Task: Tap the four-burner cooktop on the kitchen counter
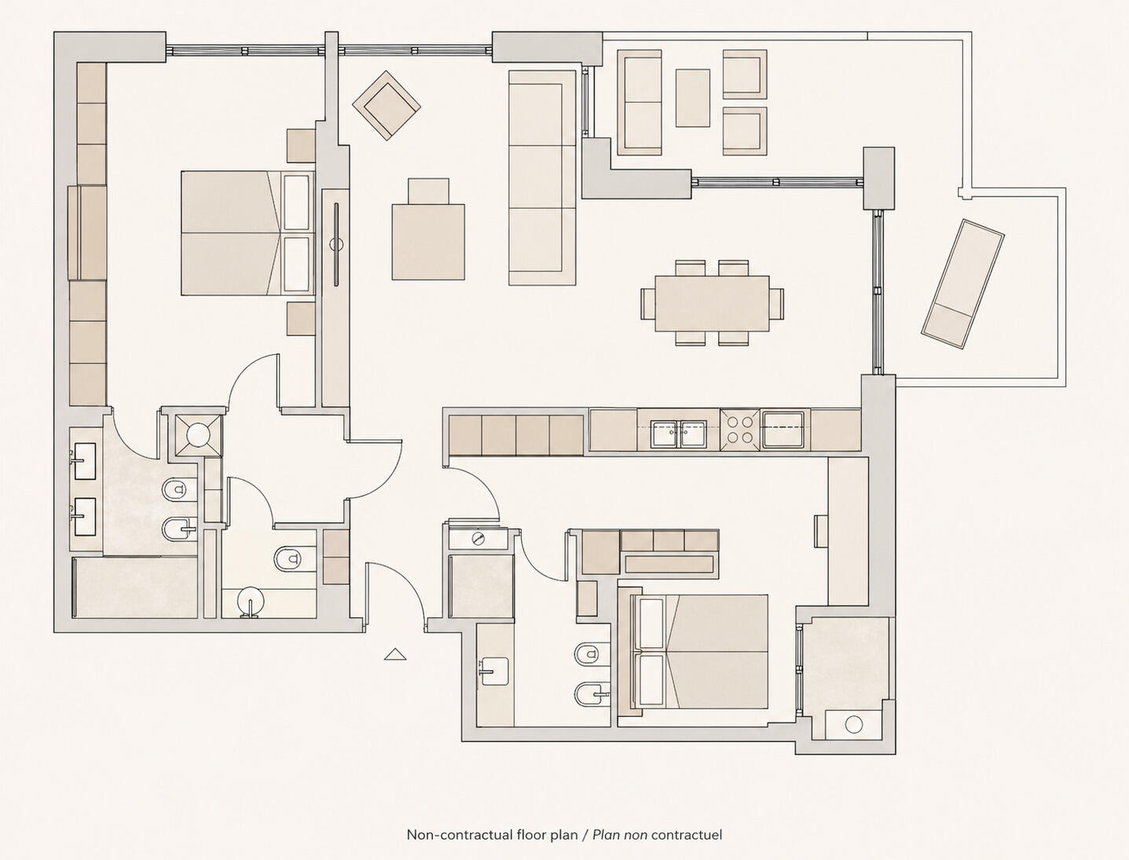(739, 430)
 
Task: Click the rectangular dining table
(713, 303)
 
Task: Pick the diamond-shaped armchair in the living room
(387, 105)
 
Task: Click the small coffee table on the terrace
(692, 97)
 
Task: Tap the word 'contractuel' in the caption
(686, 835)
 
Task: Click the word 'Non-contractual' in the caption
(460, 835)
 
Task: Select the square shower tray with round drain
(199, 435)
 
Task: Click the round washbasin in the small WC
(251, 601)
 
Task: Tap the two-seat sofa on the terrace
(640, 102)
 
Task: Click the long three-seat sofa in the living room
(542, 177)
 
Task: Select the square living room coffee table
(428, 242)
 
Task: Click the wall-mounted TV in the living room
(336, 244)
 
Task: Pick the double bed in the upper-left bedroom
(247, 233)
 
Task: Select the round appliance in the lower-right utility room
(853, 725)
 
